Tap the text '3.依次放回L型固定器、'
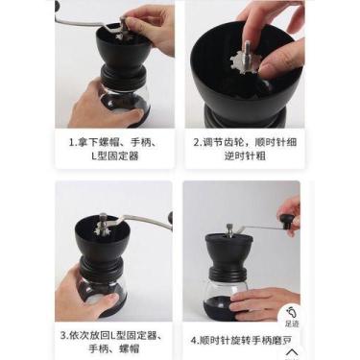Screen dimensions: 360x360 (x=115, y=336)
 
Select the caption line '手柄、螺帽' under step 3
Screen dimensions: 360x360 (x=115, y=351)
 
